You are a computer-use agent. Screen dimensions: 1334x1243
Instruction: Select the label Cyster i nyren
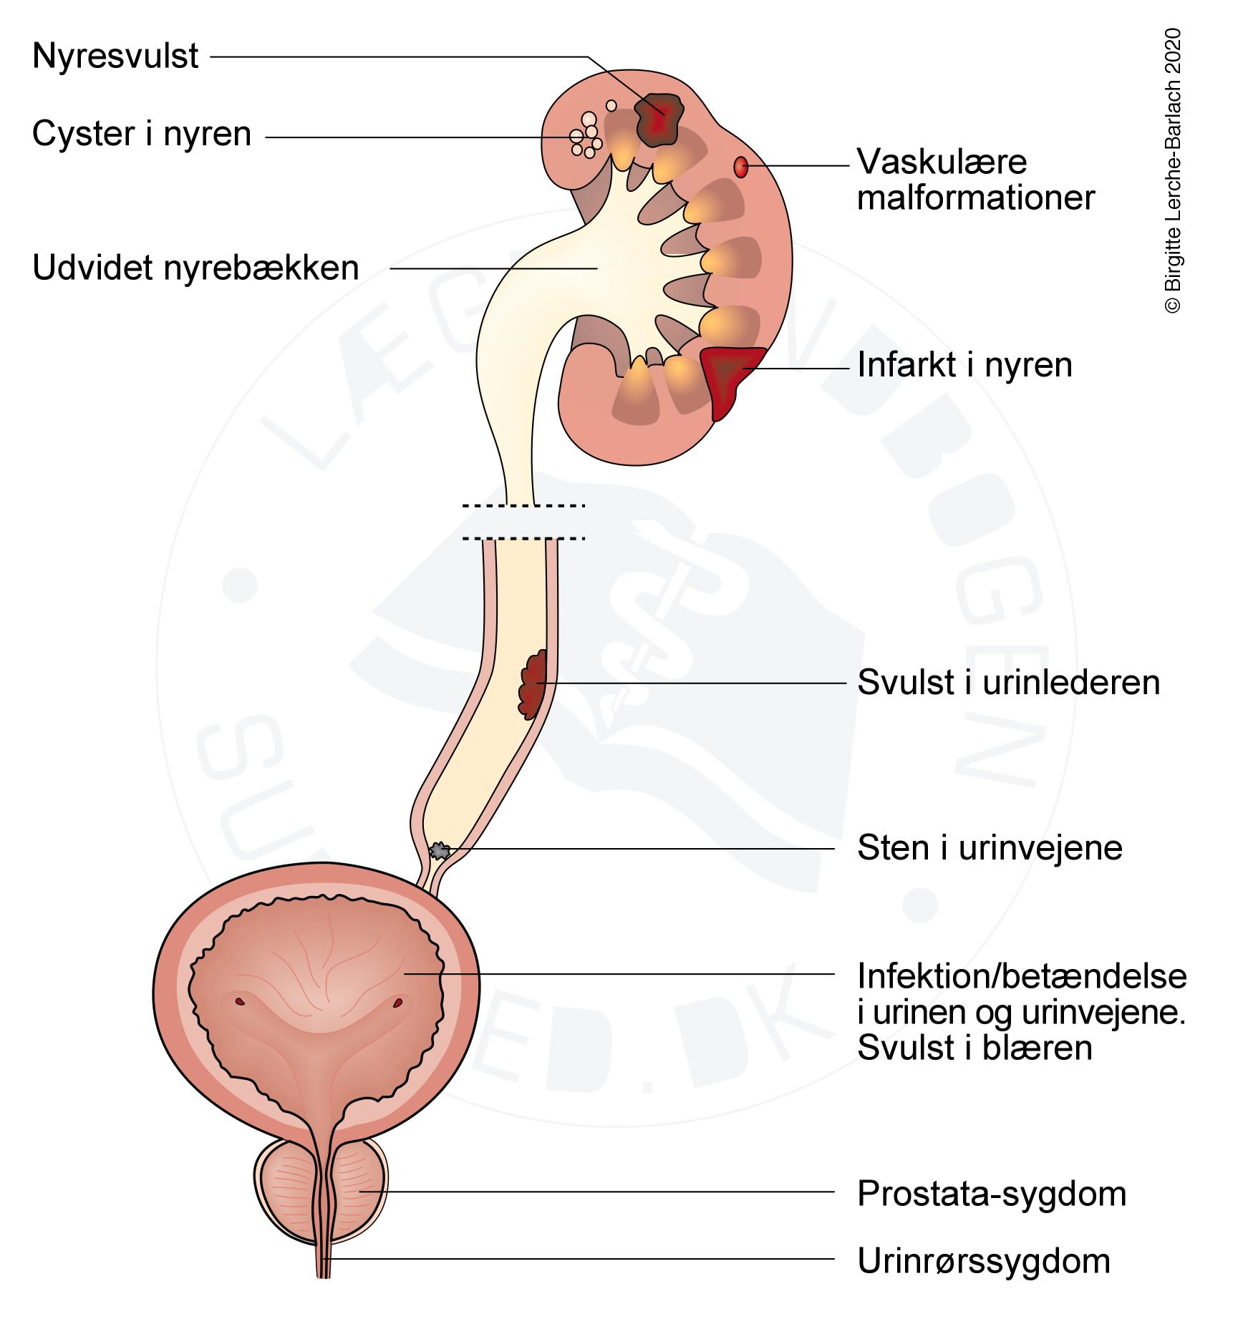pos(142,135)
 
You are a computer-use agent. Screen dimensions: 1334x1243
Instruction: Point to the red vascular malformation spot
pos(741,167)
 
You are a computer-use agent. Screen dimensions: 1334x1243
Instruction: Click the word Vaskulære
pos(942,162)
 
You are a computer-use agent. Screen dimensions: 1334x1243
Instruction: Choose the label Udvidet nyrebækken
pos(195,268)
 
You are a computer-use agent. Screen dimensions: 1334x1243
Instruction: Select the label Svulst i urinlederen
pos(1008,683)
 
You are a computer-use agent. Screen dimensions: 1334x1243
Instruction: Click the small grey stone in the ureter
pos(438,851)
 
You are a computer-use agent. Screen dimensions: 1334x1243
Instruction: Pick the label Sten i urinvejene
pos(990,849)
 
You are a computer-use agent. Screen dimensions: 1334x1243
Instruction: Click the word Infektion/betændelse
pos(1022,975)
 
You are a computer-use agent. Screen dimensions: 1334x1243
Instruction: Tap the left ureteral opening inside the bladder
pos(241,1001)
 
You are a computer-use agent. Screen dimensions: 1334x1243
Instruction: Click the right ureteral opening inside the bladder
pos(398,1003)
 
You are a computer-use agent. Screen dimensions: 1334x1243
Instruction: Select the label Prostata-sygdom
pos(992,1194)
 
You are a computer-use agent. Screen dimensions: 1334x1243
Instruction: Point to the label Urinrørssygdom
pos(984,1262)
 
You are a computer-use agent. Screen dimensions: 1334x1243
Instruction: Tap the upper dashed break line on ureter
pos(523,506)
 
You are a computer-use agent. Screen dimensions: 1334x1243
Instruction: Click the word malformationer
pos(976,198)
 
